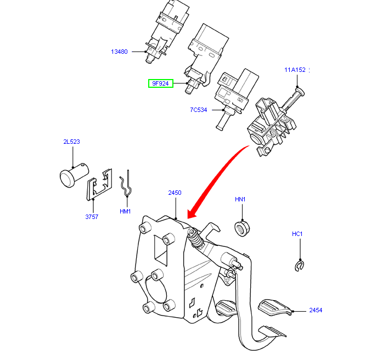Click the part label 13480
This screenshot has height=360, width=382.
click(x=119, y=52)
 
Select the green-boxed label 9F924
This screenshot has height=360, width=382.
click(x=160, y=84)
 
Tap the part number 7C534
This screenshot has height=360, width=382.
click(x=198, y=110)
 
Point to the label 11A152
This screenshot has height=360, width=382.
click(x=294, y=70)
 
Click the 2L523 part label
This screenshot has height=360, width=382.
click(x=71, y=142)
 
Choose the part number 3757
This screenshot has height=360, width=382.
click(x=92, y=217)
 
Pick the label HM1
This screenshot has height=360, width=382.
click(x=125, y=211)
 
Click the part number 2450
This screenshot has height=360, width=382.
click(x=175, y=193)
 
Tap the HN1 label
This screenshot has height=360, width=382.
click(x=240, y=199)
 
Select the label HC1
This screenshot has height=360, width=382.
click(x=297, y=234)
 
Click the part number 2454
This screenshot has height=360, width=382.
click(x=315, y=311)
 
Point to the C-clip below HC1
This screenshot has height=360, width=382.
click(x=300, y=266)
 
